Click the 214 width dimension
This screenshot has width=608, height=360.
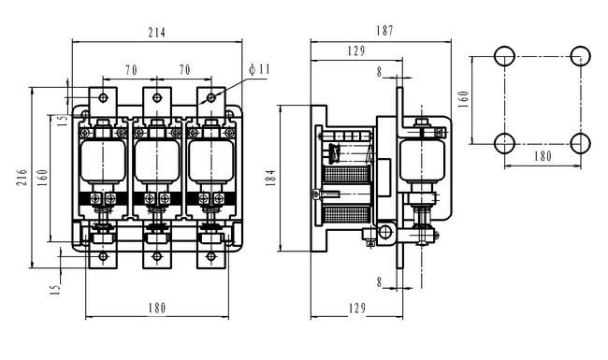point(156,33)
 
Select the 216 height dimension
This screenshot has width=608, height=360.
point(22,177)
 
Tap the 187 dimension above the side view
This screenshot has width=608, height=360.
point(384,31)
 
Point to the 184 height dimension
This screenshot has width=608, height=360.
point(271,178)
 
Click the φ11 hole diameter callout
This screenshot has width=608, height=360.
point(259,69)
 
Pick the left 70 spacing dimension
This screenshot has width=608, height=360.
point(131,70)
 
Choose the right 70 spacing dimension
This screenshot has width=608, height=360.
point(184,70)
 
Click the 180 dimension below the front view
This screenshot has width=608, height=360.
point(157,308)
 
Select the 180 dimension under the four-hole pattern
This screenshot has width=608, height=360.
point(543,156)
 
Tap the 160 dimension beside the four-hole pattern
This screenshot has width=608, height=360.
point(463,99)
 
